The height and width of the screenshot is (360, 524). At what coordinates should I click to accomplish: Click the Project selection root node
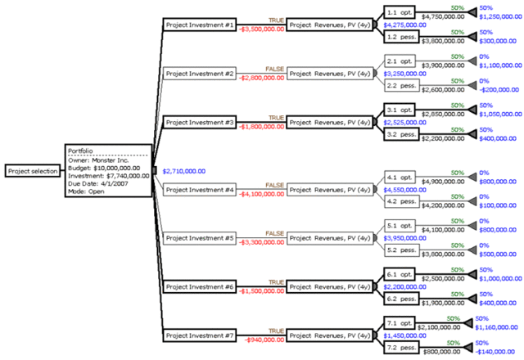click(x=30, y=171)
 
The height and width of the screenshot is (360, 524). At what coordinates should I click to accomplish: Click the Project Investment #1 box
click(x=200, y=25)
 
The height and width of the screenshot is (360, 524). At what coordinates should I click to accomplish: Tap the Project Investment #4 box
click(x=200, y=190)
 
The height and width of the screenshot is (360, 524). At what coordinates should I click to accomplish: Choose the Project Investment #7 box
click(x=200, y=335)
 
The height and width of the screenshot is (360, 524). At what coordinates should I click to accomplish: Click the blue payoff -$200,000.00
click(x=498, y=89)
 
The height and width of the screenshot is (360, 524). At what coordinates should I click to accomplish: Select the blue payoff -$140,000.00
click(x=498, y=352)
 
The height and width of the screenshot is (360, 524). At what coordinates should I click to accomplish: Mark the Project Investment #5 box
click(x=200, y=239)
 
